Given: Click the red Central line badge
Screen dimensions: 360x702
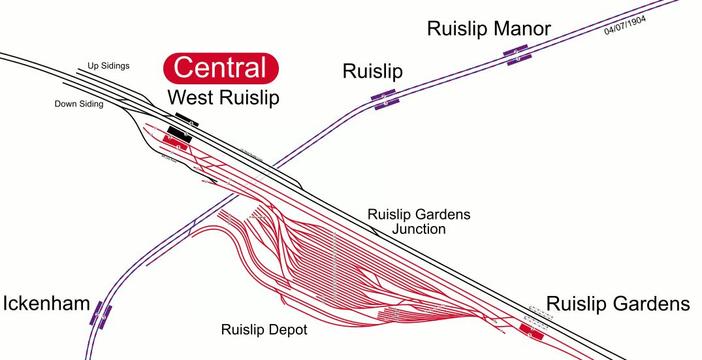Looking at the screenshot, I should pos(221,68).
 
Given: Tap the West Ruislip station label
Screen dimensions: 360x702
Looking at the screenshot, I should pos(223,98).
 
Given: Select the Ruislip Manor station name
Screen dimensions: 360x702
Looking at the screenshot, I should pos(488,29).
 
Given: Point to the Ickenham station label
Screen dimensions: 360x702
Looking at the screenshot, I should pos(46,304).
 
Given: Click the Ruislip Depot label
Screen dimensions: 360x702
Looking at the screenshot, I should pos(264,330).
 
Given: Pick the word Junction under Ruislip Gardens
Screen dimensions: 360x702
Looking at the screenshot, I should pos(419,229).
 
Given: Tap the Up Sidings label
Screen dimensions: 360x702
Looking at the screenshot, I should pos(108,66).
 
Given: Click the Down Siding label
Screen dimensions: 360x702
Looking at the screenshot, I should pos(78,104).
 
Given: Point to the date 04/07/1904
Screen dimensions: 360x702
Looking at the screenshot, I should pos(625,25).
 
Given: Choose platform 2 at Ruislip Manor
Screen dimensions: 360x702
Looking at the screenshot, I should pos(515,50).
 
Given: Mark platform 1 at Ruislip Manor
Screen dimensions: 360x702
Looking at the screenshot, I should pos(519,59).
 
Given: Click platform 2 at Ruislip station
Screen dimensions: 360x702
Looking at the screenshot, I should pos(383,95).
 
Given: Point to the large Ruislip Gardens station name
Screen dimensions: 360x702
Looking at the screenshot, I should pos(618,304).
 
